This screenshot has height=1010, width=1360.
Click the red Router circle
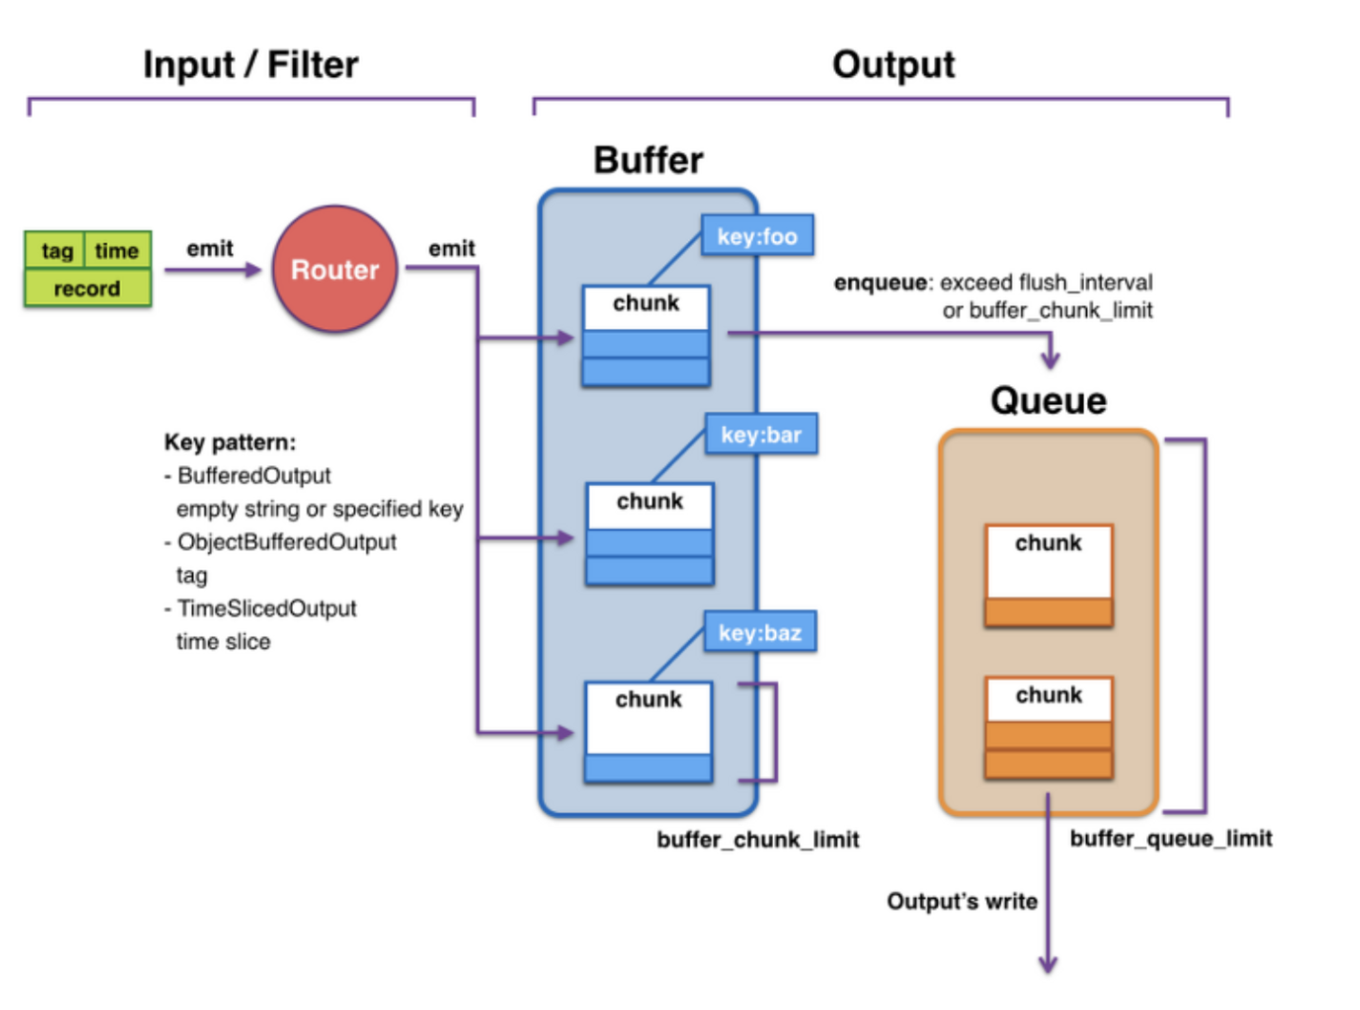click(335, 268)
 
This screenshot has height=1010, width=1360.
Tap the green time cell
click(117, 249)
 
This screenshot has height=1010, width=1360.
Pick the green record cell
click(87, 287)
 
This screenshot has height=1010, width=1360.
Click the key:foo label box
click(757, 235)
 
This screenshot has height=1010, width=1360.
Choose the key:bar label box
click(761, 434)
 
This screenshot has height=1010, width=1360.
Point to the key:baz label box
click(760, 631)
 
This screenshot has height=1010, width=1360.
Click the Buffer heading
click(648, 161)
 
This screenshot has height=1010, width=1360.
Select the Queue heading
click(1048, 401)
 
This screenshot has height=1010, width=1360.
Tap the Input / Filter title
click(251, 65)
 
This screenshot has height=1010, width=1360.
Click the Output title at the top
click(893, 65)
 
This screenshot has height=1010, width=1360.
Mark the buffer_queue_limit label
click(1171, 838)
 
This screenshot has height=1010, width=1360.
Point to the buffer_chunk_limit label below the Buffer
click(758, 839)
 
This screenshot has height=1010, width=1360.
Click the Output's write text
click(962, 901)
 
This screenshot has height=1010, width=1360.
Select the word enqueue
click(881, 282)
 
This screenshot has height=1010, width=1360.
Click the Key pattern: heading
click(230, 442)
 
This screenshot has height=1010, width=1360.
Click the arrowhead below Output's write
click(1048, 964)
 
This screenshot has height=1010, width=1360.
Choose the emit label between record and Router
click(209, 248)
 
